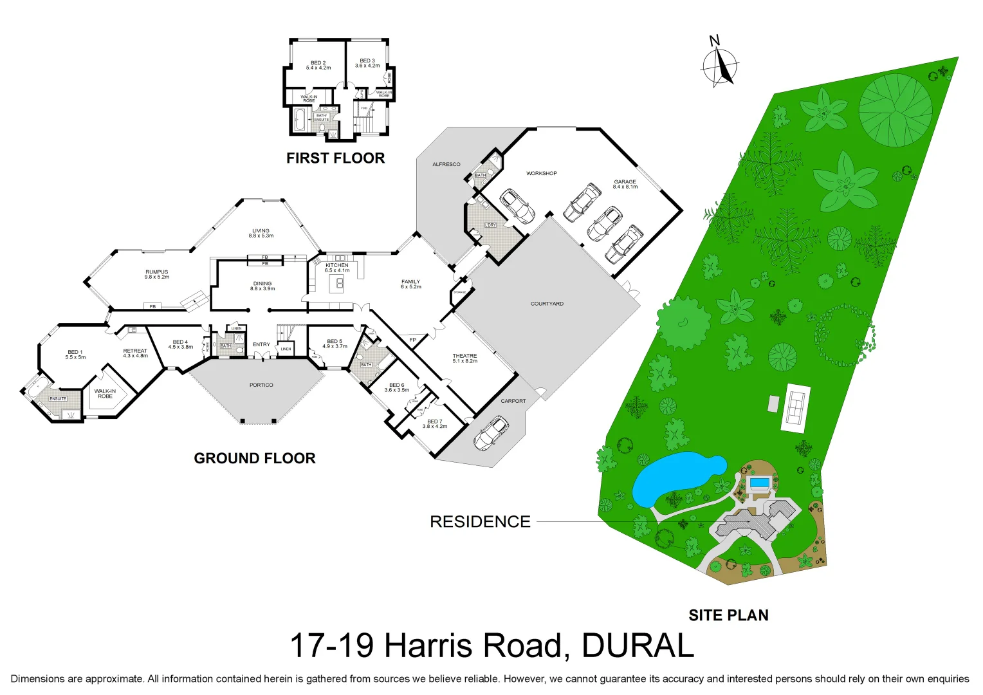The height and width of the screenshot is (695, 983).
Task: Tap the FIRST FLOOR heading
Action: pyautogui.click(x=335, y=158)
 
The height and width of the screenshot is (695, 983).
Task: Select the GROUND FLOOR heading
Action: pyautogui.click(x=255, y=458)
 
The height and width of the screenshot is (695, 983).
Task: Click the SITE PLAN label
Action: pyautogui.click(x=728, y=616)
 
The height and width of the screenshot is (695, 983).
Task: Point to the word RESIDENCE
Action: pyautogui.click(x=480, y=521)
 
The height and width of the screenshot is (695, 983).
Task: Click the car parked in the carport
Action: pyautogui.click(x=490, y=433)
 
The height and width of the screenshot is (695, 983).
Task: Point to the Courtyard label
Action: pyautogui.click(x=547, y=304)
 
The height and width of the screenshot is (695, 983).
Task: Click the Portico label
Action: pyautogui.click(x=261, y=385)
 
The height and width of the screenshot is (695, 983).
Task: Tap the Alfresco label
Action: pyautogui.click(x=446, y=164)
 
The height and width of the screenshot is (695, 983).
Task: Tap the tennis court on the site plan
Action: pyautogui.click(x=796, y=407)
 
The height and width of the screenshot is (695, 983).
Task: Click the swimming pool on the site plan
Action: pyautogui.click(x=760, y=483)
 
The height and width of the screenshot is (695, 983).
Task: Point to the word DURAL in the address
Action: pyautogui.click(x=638, y=645)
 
